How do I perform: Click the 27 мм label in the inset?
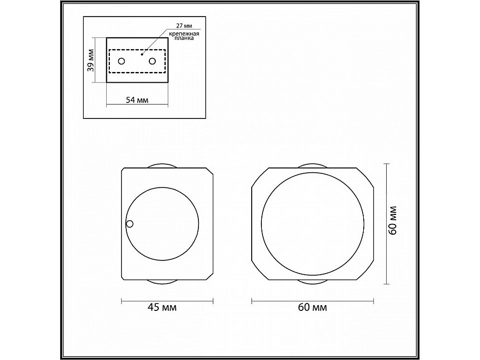pyautogui.click(x=184, y=25)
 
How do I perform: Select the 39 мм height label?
pyautogui.click(x=91, y=60)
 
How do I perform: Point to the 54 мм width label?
pyautogui.click(x=137, y=100)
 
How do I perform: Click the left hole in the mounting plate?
pyautogui.click(x=122, y=62)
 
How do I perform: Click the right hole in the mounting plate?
pyautogui.click(x=153, y=62)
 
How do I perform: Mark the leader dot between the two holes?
pyautogui.click(x=141, y=54)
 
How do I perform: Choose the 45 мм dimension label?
pyautogui.click(x=167, y=308)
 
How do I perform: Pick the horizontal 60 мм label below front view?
pyautogui.click(x=312, y=308)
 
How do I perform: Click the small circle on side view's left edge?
pyautogui.click(x=130, y=224)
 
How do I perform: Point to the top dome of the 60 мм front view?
pyautogui.click(x=312, y=166)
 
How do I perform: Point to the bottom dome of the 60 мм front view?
pyautogui.click(x=312, y=281)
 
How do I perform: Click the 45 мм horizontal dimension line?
pyautogui.click(x=167, y=300)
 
